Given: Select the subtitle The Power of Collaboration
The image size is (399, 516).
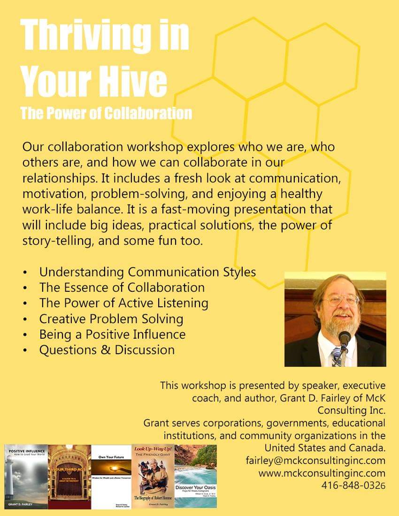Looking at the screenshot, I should point(106,113).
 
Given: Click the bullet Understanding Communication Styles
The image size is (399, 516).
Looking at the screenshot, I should point(147,272).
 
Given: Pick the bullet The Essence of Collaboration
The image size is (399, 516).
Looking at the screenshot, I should point(122,287).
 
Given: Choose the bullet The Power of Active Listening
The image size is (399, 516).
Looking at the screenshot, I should point(123,303).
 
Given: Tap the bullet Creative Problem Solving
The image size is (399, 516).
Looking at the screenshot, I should point(111,319).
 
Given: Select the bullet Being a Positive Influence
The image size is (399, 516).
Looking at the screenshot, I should point(112,334).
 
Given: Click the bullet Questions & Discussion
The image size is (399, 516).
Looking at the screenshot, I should point(107,349).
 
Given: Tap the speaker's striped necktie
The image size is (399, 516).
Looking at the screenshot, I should point(337,357).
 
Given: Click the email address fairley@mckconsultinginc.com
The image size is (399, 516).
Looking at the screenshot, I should point(315,460).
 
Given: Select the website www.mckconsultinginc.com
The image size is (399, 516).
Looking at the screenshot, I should point(322,473).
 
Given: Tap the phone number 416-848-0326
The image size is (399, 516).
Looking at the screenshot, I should point(353,485).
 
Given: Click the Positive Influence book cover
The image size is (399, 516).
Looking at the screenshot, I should point(26,476).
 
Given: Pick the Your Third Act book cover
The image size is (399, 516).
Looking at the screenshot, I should point(69,476).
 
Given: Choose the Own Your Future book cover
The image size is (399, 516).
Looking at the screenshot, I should point(111,476).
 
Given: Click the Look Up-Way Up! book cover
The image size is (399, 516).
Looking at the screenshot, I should point(153,476).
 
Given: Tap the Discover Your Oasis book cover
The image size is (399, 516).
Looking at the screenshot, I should point(196,476).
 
